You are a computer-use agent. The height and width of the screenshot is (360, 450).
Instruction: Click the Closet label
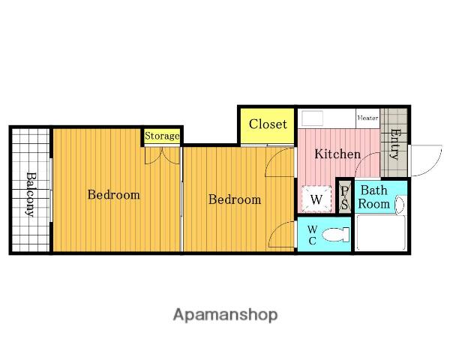pyautogui.click(x=268, y=124)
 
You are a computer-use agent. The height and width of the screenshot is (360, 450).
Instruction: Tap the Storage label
pyautogui.click(x=162, y=136)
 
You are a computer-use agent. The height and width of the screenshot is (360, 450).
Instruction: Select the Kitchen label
pyautogui.click(x=337, y=154)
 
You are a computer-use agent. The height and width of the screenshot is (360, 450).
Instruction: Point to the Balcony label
pyautogui.click(x=31, y=194)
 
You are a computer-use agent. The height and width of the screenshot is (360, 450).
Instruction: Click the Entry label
pyautogui.click(x=395, y=145)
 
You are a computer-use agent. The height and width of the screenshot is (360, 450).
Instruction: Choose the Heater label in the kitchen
pyautogui.click(x=367, y=118)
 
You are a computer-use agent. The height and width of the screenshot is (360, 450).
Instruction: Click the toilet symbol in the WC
pyautogui.click(x=335, y=235)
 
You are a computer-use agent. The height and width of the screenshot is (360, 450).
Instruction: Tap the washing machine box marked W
pyautogui.click(x=316, y=199)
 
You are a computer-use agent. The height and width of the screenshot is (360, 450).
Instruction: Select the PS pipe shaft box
pyautogui.click(x=345, y=196)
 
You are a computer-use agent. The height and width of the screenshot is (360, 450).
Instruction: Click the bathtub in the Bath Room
pyautogui.click(x=381, y=233)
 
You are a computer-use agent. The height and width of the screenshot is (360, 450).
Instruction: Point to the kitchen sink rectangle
pyautogui.click(x=312, y=118)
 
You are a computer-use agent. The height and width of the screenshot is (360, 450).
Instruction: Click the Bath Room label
pyautogui.click(x=374, y=197)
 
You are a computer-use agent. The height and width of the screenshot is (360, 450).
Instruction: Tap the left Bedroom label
pyautogui.click(x=114, y=195)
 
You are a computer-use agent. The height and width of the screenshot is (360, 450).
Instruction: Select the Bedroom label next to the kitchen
pyautogui.click(x=235, y=199)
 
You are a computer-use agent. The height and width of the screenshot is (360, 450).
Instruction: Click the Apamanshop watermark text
pyautogui.click(x=225, y=315)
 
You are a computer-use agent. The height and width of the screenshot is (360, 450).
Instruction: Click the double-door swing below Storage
pyautogui.click(x=162, y=155)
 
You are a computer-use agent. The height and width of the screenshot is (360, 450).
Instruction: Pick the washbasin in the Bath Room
pyautogui.click(x=400, y=205)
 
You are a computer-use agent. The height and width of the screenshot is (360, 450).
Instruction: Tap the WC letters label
pyautogui.click(x=313, y=235)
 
